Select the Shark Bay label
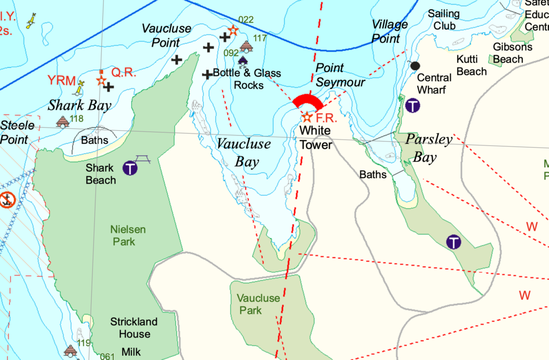click(x=79, y=105)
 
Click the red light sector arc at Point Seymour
click(x=308, y=101)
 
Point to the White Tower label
click(x=315, y=137)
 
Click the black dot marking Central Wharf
click(x=414, y=65)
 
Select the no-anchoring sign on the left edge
click(x=7, y=200)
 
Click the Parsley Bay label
click(x=429, y=148)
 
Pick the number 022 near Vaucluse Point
click(x=246, y=20)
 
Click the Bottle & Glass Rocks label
click(x=247, y=79)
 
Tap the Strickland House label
click(x=134, y=328)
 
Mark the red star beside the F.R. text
click(x=307, y=116)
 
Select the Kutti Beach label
click(x=472, y=65)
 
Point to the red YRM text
click(x=61, y=80)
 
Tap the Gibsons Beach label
click(x=513, y=53)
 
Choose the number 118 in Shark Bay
click(x=77, y=119)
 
